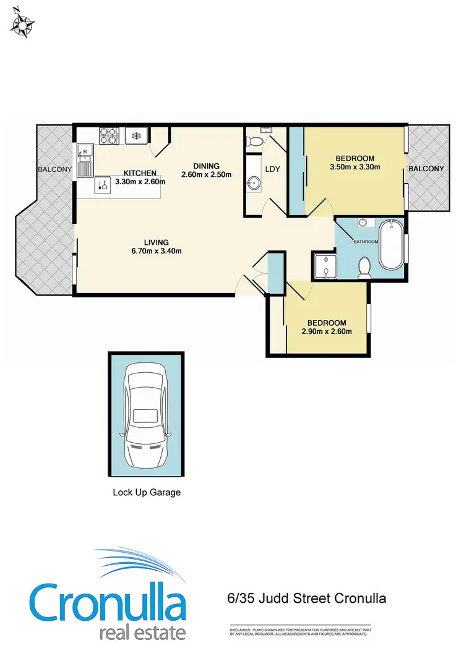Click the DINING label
(206, 166)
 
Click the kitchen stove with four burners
(110, 135)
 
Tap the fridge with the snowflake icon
(135, 135)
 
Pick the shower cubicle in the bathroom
(323, 266)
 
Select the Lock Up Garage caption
(146, 493)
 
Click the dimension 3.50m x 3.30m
(354, 166)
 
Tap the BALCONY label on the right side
(426, 169)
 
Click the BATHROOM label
(366, 241)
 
